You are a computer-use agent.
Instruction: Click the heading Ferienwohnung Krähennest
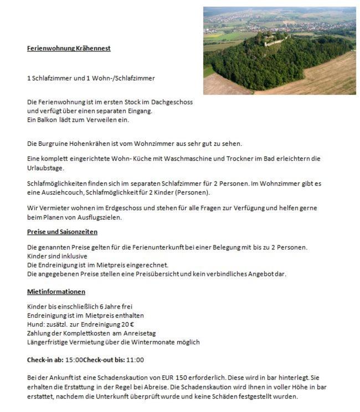point(69,48)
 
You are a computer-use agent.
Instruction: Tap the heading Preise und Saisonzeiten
point(62,232)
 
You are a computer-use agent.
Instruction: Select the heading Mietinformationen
point(56,292)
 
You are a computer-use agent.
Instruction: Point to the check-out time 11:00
point(135,360)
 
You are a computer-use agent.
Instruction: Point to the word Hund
point(35,324)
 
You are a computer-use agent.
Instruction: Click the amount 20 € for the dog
point(128,324)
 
